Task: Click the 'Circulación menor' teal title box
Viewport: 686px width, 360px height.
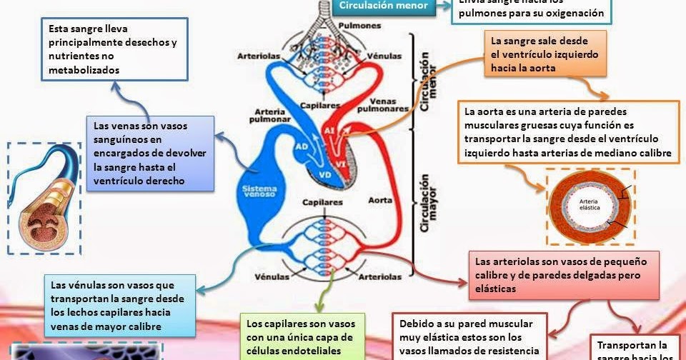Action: [383, 6]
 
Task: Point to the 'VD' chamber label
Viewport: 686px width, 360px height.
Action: [324, 174]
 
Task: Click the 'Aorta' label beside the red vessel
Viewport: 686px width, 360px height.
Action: [380, 201]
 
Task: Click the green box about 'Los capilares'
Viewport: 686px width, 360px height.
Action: [302, 336]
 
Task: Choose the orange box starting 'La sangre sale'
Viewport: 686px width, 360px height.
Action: [545, 54]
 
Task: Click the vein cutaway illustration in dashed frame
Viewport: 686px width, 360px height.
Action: [44, 197]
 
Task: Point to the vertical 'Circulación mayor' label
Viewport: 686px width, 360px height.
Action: [427, 203]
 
